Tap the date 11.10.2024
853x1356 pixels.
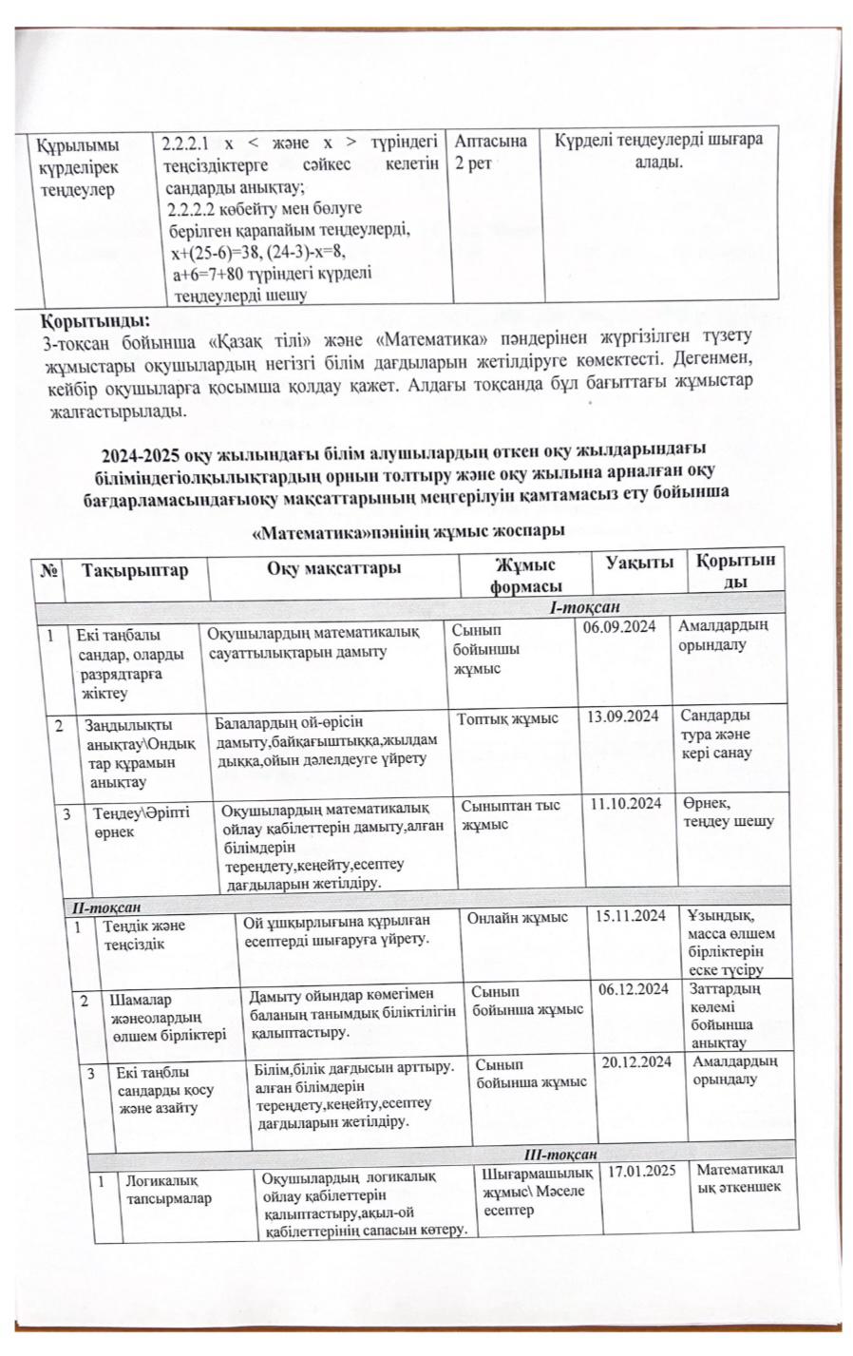point(626,804)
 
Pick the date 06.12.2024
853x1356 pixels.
point(634,989)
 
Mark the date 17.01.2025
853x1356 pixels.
point(641,1170)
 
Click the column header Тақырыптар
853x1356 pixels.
point(135,570)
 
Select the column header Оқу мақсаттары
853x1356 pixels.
point(333,568)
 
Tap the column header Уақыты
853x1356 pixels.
point(640,563)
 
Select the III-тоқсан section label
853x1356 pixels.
point(560,1154)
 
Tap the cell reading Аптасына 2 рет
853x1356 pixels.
point(490,151)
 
